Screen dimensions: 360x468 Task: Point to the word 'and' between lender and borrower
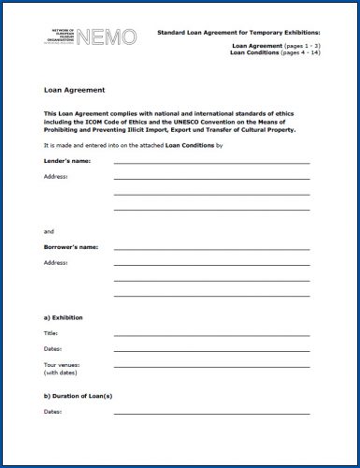pos(50,230)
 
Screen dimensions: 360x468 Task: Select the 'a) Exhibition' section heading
pos(64,317)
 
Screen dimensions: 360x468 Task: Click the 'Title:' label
pos(50,333)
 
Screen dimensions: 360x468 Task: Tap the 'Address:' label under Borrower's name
pos(55,263)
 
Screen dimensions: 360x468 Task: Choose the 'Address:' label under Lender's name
pos(55,177)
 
